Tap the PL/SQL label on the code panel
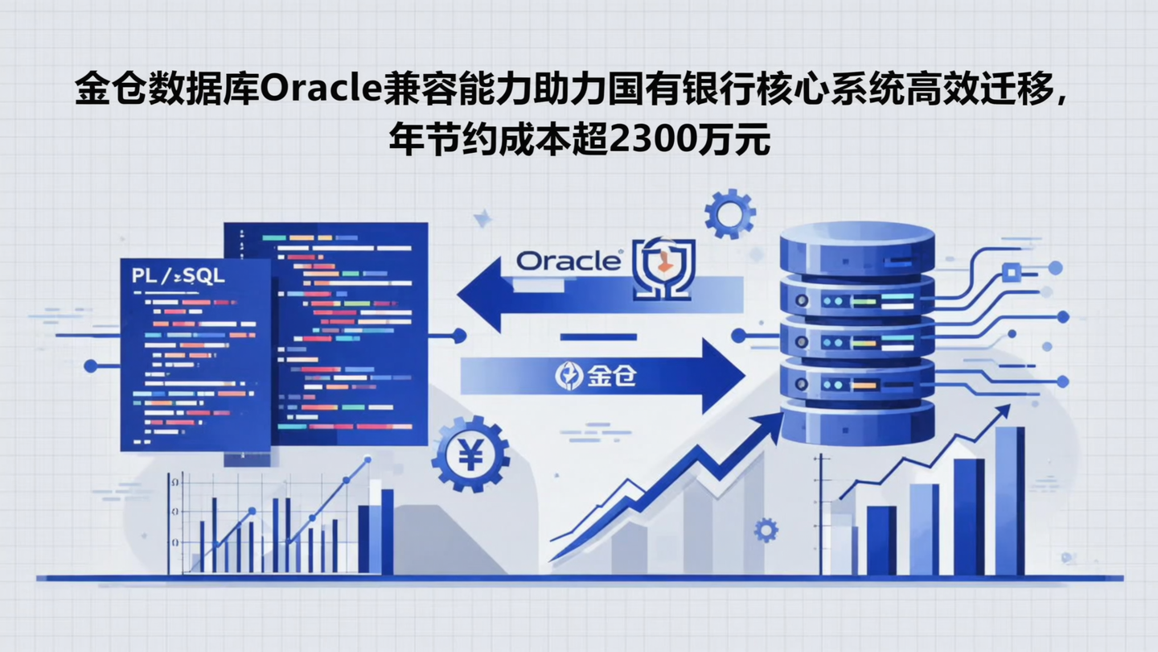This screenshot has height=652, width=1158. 179,276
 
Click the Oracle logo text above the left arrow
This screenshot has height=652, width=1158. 569,261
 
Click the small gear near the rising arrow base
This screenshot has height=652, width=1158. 766,530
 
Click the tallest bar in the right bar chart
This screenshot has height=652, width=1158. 1009,499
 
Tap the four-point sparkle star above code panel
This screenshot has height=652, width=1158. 482,217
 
